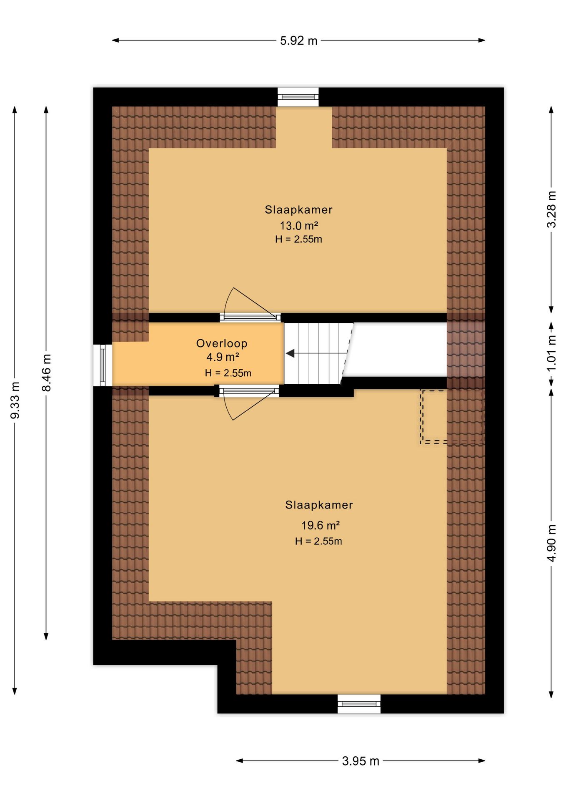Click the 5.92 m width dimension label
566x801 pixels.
pos(298,41)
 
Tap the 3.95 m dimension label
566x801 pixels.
pos(361,761)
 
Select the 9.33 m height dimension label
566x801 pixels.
pos(15,400)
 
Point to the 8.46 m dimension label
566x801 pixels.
pos(46,373)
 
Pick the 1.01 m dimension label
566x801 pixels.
pos(551,353)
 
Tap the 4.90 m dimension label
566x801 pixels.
pos(551,543)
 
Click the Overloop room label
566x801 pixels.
pos(222,343)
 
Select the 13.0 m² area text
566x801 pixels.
pos(299,226)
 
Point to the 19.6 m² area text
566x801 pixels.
pos(320,525)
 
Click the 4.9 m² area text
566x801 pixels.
pos(223,357)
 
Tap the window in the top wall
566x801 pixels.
pos(298,97)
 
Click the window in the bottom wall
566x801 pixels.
pos(359,704)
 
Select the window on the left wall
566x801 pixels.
pos(103,365)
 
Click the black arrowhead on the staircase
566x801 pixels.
pos(290,353)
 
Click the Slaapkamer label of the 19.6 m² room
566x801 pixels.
pos(319,505)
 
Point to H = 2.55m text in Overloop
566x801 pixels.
pos(228,373)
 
